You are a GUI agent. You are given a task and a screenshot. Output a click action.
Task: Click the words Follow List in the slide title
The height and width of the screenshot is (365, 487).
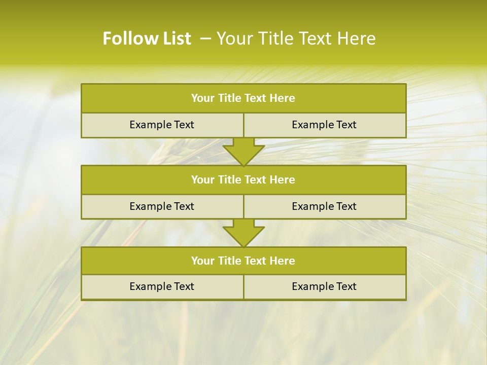click(x=147, y=39)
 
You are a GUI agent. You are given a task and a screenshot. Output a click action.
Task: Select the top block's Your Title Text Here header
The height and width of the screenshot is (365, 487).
click(x=243, y=98)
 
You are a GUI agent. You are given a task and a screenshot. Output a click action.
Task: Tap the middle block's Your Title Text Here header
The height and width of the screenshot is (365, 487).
click(x=243, y=180)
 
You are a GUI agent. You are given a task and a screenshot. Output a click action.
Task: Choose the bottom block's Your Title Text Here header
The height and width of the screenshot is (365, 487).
click(x=243, y=261)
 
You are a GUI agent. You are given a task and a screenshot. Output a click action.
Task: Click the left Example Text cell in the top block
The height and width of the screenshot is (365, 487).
click(x=162, y=125)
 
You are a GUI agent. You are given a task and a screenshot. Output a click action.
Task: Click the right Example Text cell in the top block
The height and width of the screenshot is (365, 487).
click(x=324, y=125)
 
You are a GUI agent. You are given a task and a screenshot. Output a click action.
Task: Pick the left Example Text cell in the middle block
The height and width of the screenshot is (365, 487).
click(x=162, y=207)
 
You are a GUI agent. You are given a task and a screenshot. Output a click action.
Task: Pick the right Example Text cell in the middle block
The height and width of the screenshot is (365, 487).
click(x=324, y=207)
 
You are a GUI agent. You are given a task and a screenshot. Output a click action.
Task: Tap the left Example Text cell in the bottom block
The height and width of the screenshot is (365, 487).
click(x=162, y=287)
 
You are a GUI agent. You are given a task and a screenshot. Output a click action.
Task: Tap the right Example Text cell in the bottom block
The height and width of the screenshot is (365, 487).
click(x=324, y=287)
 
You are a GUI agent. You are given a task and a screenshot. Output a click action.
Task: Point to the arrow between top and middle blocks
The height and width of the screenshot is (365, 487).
click(x=243, y=152)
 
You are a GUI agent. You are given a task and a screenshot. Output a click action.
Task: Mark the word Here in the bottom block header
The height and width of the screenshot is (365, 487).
click(x=283, y=261)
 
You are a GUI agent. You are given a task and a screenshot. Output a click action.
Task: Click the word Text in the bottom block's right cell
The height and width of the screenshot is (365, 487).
click(x=345, y=287)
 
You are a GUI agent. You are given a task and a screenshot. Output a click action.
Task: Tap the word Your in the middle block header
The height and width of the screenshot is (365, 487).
click(x=203, y=180)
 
